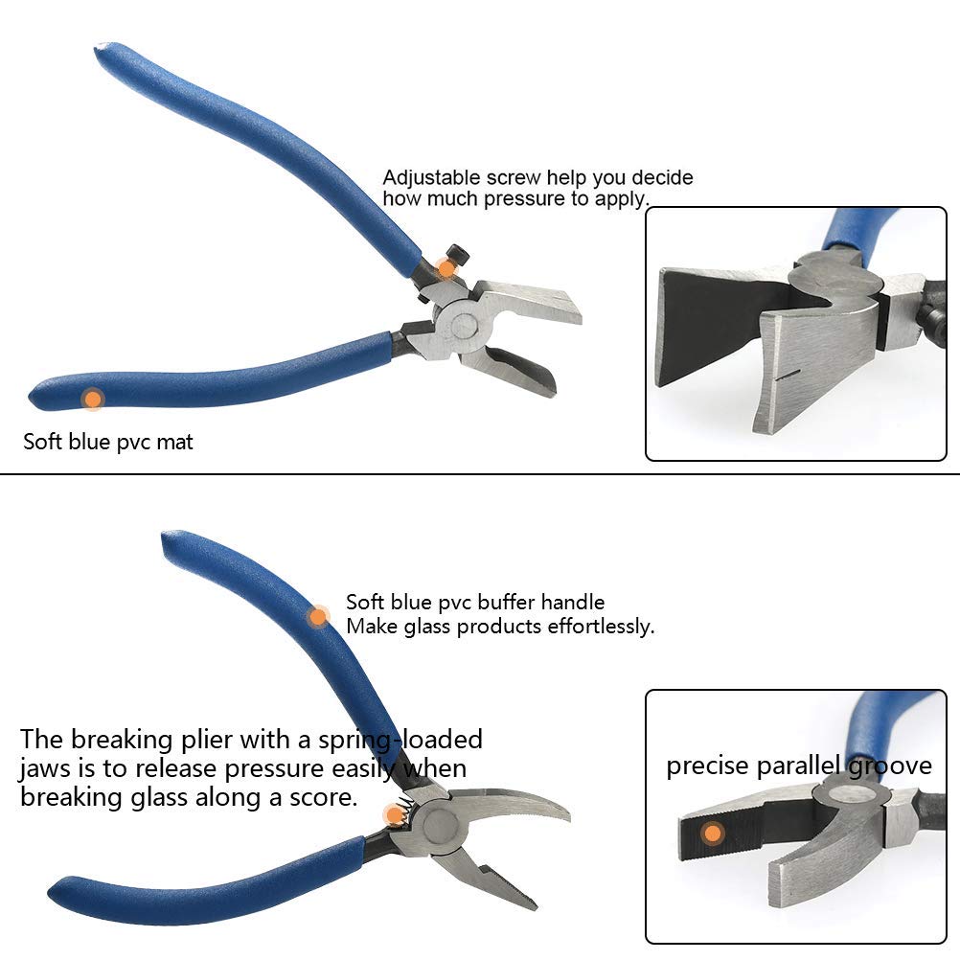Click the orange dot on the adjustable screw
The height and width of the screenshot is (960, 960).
point(446,267)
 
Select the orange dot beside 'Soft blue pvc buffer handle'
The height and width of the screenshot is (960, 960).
point(318,617)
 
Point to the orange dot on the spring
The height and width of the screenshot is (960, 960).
point(394,815)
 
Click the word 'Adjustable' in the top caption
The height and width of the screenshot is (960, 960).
point(425,178)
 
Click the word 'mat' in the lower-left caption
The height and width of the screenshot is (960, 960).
point(176,442)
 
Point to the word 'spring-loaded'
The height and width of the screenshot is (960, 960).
point(418,739)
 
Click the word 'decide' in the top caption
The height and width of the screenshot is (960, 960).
point(661,178)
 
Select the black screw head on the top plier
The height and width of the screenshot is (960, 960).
point(462,255)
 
